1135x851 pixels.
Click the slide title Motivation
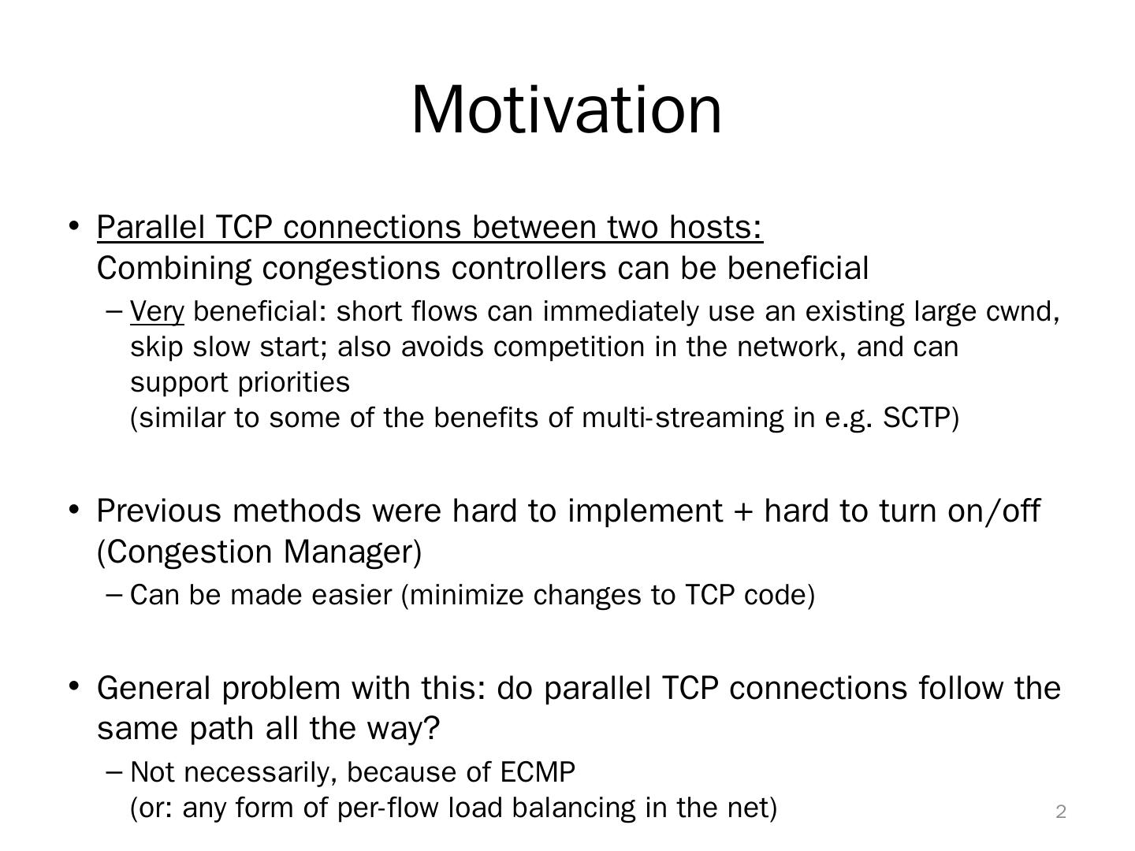pyautogui.click(x=566, y=110)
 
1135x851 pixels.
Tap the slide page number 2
pyautogui.click(x=1061, y=812)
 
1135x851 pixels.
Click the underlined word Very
pyautogui.click(x=157, y=312)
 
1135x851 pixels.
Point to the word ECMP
pyautogui.click(x=538, y=772)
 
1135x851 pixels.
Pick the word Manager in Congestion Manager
pyautogui.click(x=352, y=552)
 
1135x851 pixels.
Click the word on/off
pyautogui.click(x=993, y=511)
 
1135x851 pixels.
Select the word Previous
pyautogui.click(x=158, y=511)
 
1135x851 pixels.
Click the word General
pyautogui.click(x=154, y=688)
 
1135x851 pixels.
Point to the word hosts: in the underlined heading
pyautogui.click(x=716, y=227)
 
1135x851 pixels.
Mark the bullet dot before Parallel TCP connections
pyautogui.click(x=74, y=226)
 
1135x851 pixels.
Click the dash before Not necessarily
pyautogui.click(x=113, y=773)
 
